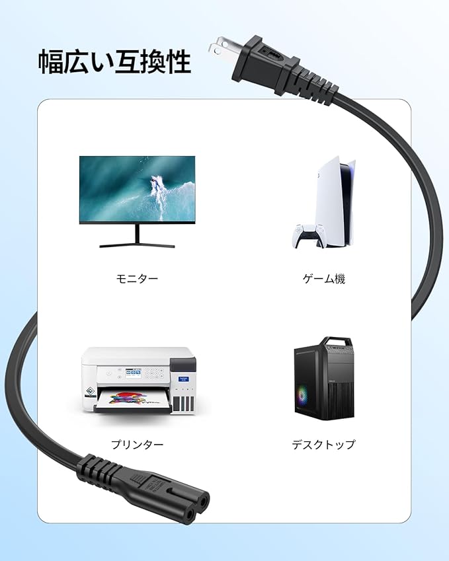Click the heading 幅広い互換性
(x=114, y=61)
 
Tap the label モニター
(x=138, y=279)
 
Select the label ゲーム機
(x=324, y=279)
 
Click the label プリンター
(x=138, y=445)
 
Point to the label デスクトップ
(x=323, y=445)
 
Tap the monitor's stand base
(x=138, y=245)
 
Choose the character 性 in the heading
(x=177, y=61)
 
